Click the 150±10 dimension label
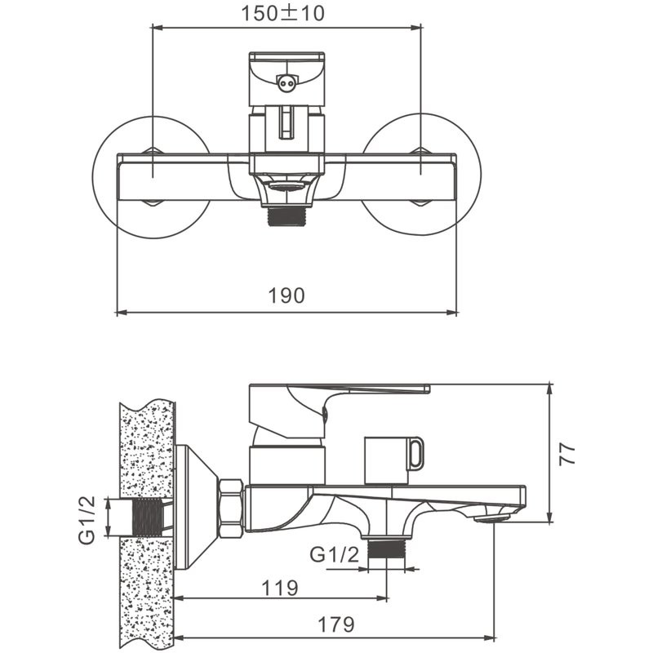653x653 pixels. point(282,13)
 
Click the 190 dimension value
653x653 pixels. point(287,295)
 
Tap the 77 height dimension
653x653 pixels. point(567,453)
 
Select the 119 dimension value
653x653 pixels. point(280,588)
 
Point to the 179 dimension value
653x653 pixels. point(336,624)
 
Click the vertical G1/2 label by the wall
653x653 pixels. point(87,521)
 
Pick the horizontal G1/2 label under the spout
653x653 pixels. point(334,554)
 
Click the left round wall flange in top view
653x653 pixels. point(152,177)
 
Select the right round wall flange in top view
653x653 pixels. point(421,174)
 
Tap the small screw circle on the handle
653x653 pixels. point(287,83)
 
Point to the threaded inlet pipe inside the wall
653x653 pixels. point(146,517)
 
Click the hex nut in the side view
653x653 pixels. point(231,509)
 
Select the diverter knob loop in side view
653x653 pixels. point(415,454)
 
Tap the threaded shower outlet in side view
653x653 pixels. point(386,549)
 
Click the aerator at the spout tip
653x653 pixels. point(492,519)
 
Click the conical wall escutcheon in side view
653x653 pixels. point(197,507)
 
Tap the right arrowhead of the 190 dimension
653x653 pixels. point(452,313)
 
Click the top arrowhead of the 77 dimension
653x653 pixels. point(550,389)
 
